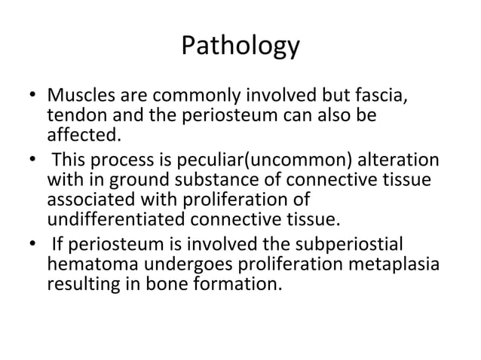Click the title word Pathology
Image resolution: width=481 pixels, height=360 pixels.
tap(240, 47)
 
